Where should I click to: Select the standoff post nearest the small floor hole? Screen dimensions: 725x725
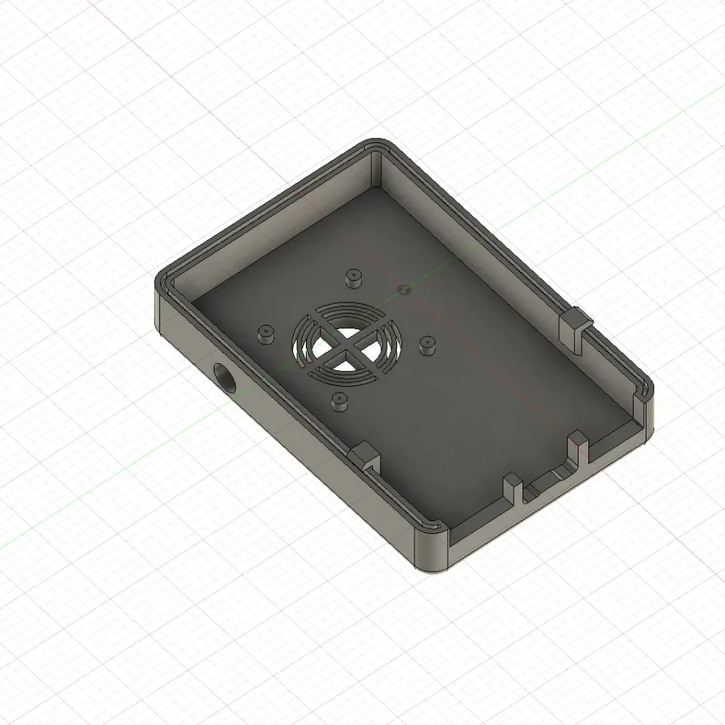tap(353, 277)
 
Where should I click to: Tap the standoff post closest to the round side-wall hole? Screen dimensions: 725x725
tap(265, 333)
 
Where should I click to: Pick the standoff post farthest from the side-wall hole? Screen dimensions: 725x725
tap(427, 345)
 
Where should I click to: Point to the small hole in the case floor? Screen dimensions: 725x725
tap(403, 288)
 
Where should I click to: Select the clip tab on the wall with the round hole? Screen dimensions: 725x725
tap(366, 455)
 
